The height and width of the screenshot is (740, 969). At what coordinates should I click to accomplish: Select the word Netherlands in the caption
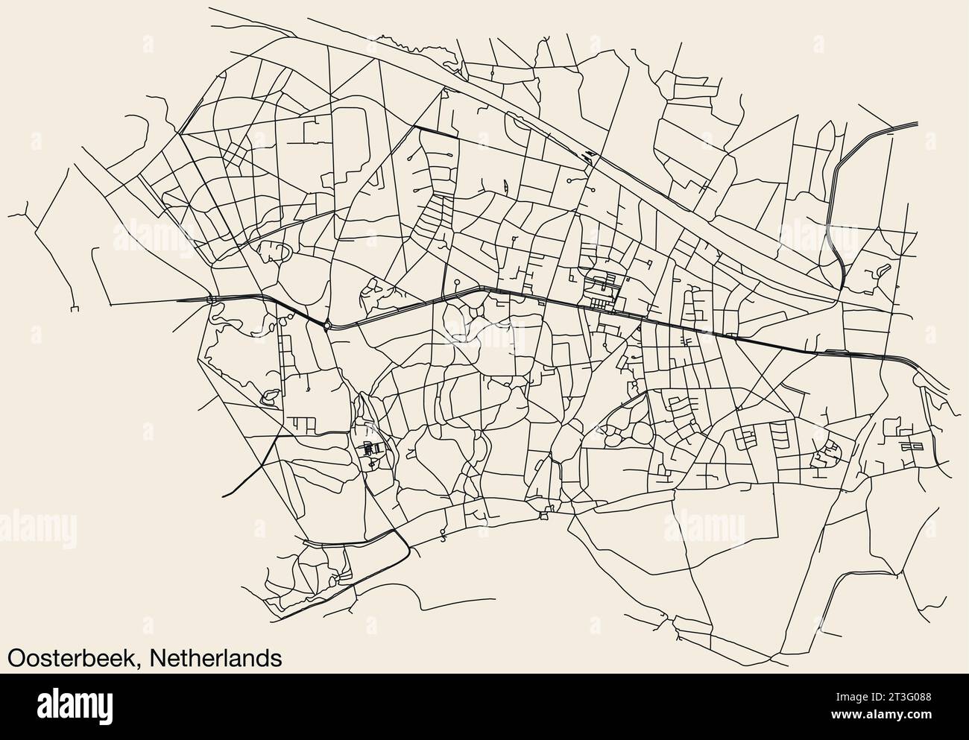pyautogui.click(x=215, y=658)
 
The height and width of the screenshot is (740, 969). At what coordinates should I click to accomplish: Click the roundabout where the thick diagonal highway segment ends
pyautogui.click(x=327, y=325)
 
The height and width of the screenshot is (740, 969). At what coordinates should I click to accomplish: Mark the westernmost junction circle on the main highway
pyautogui.click(x=212, y=300)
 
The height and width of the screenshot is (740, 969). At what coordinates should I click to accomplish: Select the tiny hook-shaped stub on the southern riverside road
pyautogui.click(x=443, y=538)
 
